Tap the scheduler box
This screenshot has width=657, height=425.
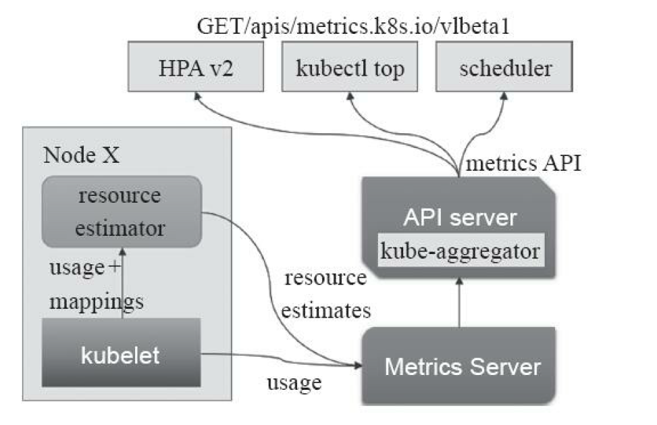(x=504, y=69)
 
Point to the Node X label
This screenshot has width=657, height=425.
(x=82, y=154)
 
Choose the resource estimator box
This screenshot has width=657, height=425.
(x=121, y=212)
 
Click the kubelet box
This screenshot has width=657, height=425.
(x=121, y=355)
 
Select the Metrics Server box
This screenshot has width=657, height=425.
(x=462, y=367)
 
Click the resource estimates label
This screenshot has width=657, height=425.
(x=325, y=295)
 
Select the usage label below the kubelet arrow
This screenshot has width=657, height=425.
(x=293, y=383)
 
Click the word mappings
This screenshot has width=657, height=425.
(x=97, y=301)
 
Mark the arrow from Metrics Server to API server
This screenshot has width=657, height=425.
(x=459, y=304)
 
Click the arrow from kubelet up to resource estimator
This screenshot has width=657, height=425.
(x=122, y=284)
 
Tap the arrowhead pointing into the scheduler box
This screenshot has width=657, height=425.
(x=504, y=97)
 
